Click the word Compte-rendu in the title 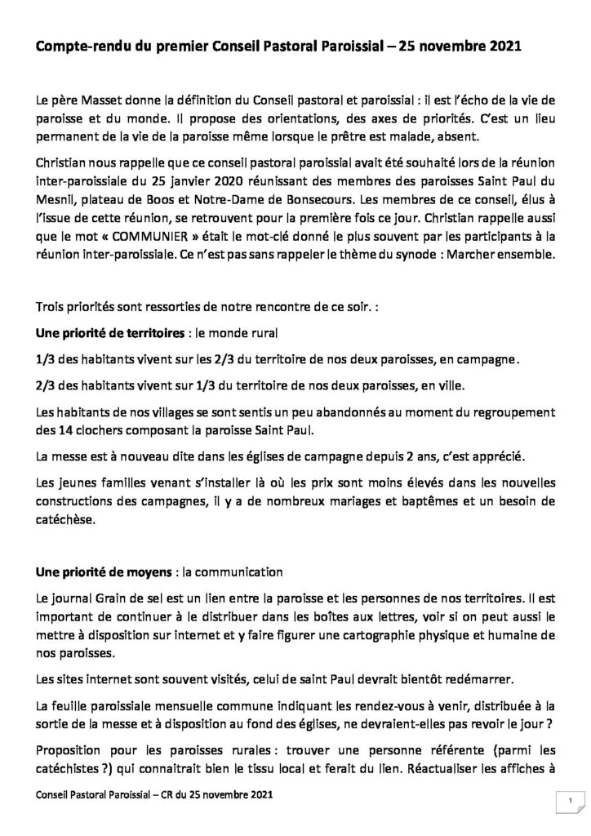[x=81, y=49]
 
